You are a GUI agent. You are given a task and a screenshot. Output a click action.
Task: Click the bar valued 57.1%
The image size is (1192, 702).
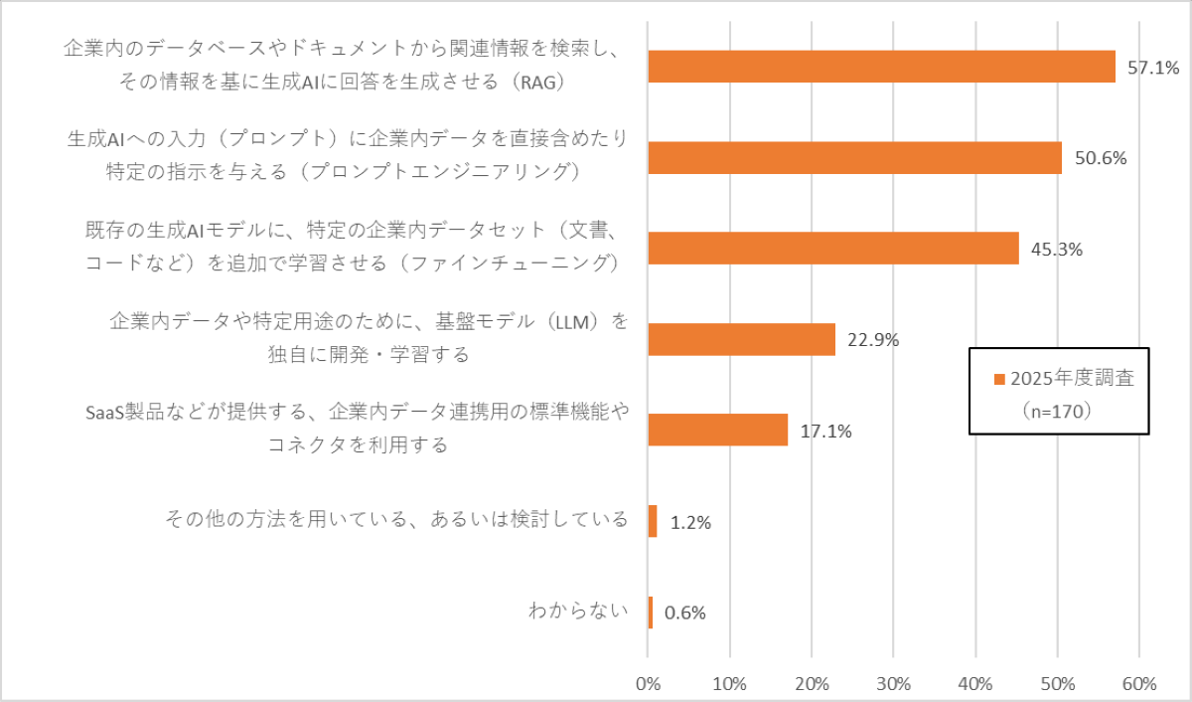(881, 67)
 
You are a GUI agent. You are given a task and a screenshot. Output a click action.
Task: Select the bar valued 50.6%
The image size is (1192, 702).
(854, 157)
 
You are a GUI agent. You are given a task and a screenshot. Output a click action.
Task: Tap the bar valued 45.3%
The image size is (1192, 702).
(832, 249)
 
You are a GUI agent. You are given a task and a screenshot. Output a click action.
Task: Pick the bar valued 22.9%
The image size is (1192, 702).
(741, 339)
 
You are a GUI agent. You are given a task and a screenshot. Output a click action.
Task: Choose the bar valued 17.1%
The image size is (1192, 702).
(717, 430)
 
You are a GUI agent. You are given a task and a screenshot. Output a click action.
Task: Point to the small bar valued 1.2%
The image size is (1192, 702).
(653, 521)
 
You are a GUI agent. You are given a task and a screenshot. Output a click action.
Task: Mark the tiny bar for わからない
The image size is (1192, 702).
(651, 613)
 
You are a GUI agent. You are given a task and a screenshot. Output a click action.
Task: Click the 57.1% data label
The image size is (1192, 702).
(1153, 68)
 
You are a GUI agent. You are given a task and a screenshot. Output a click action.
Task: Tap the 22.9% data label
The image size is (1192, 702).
(873, 340)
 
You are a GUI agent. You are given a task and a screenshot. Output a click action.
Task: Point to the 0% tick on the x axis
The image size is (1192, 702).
(648, 683)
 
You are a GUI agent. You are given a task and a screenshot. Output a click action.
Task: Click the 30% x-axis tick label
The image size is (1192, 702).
(893, 683)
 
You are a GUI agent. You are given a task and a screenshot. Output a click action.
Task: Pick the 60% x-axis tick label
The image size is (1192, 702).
(1138, 683)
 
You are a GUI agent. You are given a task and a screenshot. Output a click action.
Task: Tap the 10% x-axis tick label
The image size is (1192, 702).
(729, 683)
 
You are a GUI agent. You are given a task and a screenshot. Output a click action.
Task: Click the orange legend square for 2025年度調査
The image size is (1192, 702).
(999, 379)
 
